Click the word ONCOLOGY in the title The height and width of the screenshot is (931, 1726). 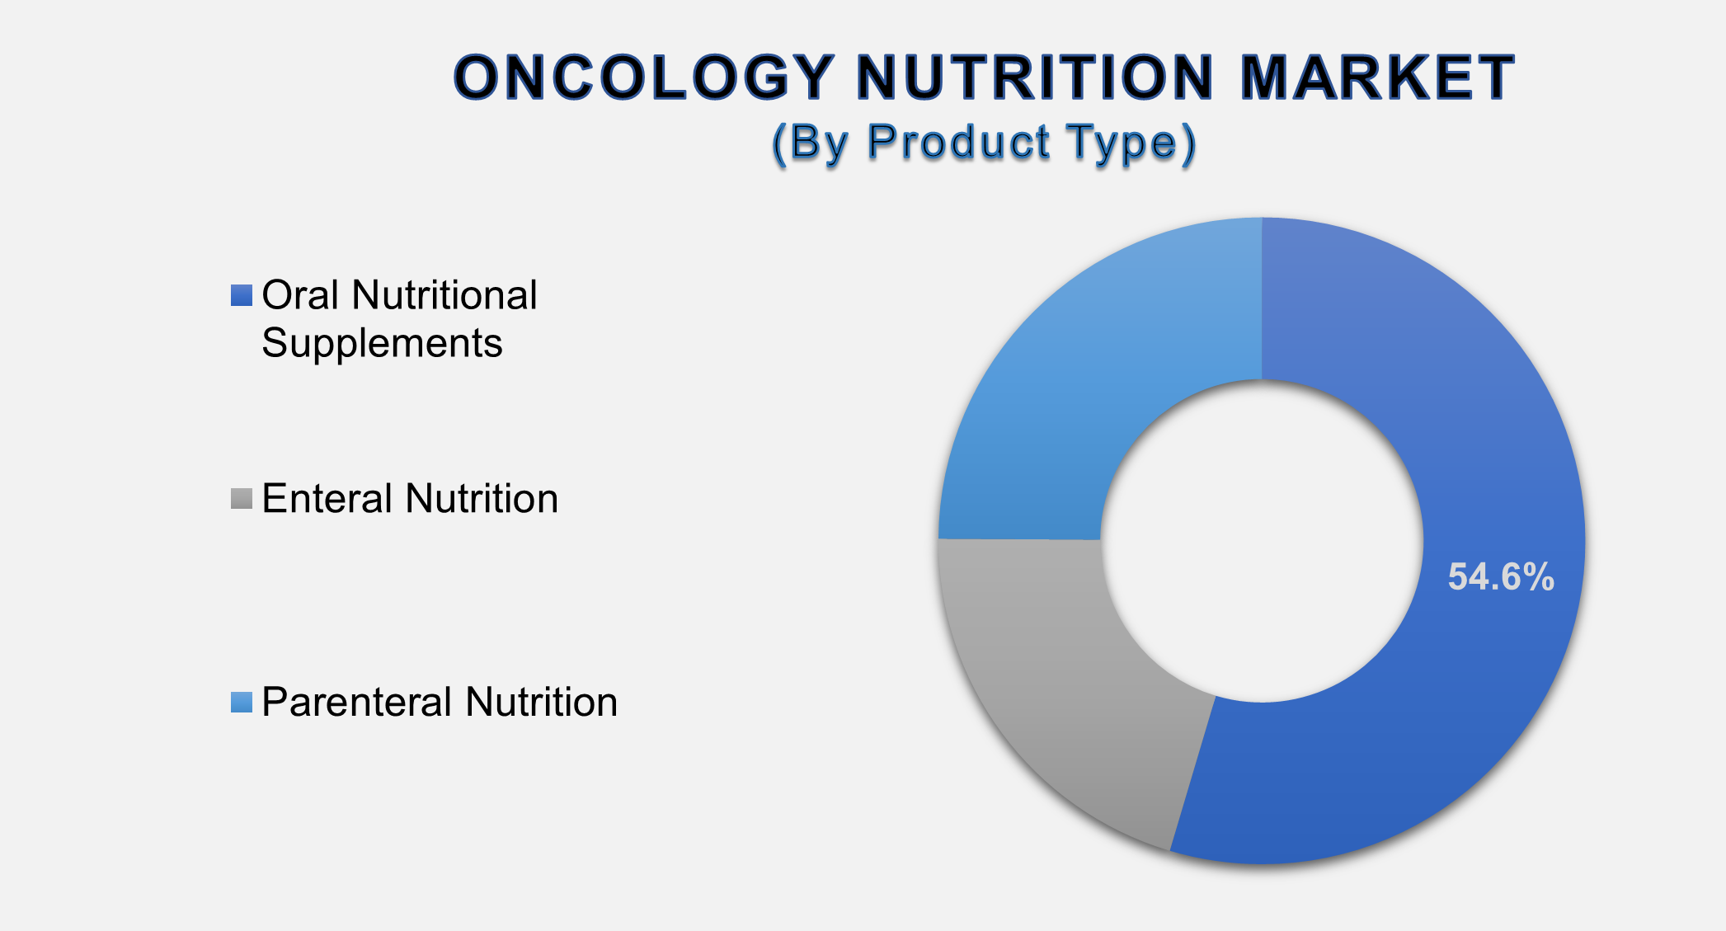644,78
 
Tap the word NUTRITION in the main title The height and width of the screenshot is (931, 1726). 1035,78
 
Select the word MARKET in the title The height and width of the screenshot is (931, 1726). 1377,78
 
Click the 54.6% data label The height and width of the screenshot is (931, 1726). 1500,577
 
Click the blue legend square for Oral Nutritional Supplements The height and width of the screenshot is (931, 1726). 242,295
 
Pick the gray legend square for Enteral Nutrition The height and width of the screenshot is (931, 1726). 242,499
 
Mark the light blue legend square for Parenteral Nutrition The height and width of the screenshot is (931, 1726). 242,703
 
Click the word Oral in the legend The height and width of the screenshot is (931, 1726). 300,295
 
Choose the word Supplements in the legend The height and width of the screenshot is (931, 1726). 382,344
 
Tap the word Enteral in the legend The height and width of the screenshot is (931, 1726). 327,499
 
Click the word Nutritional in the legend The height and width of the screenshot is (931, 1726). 444,295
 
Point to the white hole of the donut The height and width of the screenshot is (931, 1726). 1262,540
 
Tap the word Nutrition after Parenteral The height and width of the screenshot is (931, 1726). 541,703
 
